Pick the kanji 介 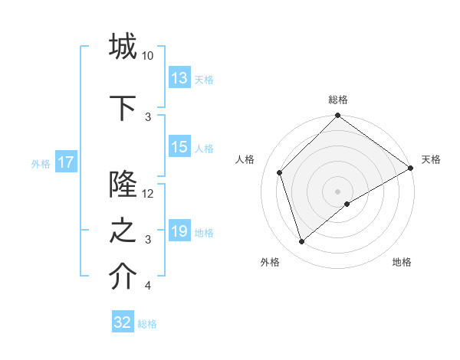point(123,277)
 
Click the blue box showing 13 point(179,78)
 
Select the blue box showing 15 point(179,148)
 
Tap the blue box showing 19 point(179,232)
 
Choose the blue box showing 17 point(65,162)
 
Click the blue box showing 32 point(123,322)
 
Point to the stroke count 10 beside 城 point(148,56)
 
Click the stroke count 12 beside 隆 point(148,194)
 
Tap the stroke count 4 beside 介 point(148,286)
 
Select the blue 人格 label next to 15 point(204,149)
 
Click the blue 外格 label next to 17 point(41,163)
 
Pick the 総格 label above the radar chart point(338,100)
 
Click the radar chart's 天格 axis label point(431,159)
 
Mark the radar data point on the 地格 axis point(347,204)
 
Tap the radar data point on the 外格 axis point(301,242)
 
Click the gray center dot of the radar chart point(338,191)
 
